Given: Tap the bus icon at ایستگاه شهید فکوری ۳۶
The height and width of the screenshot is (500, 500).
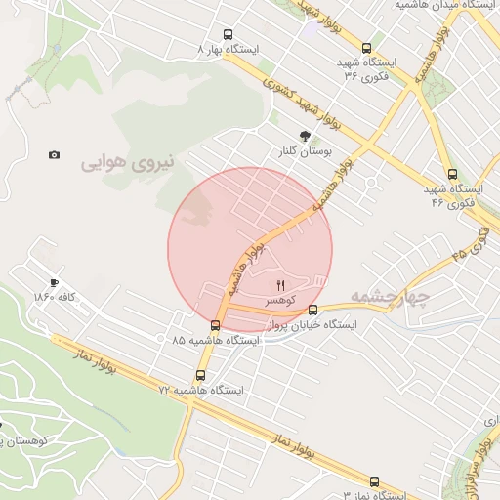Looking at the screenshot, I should (x=366, y=47).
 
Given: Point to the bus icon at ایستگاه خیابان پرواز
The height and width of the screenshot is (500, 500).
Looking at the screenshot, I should (x=312, y=311).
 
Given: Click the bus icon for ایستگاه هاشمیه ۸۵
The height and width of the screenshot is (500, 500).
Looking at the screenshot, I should (x=216, y=325).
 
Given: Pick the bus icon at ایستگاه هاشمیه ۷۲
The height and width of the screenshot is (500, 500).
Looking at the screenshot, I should (x=201, y=374).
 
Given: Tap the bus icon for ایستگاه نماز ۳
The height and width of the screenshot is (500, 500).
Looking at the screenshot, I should (x=374, y=481).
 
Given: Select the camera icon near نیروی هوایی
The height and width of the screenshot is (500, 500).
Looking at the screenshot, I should (x=54, y=154).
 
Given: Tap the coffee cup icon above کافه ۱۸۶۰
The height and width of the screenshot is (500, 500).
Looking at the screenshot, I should (x=54, y=280).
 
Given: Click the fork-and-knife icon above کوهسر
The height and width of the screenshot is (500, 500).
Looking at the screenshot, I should (x=283, y=284).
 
